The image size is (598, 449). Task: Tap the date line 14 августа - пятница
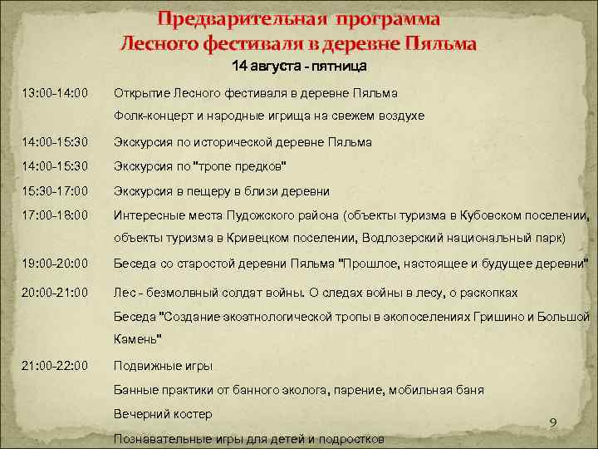point(299,65)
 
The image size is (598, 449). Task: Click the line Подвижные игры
point(163,365)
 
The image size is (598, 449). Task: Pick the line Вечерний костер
point(163,413)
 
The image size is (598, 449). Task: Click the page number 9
point(553,425)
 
